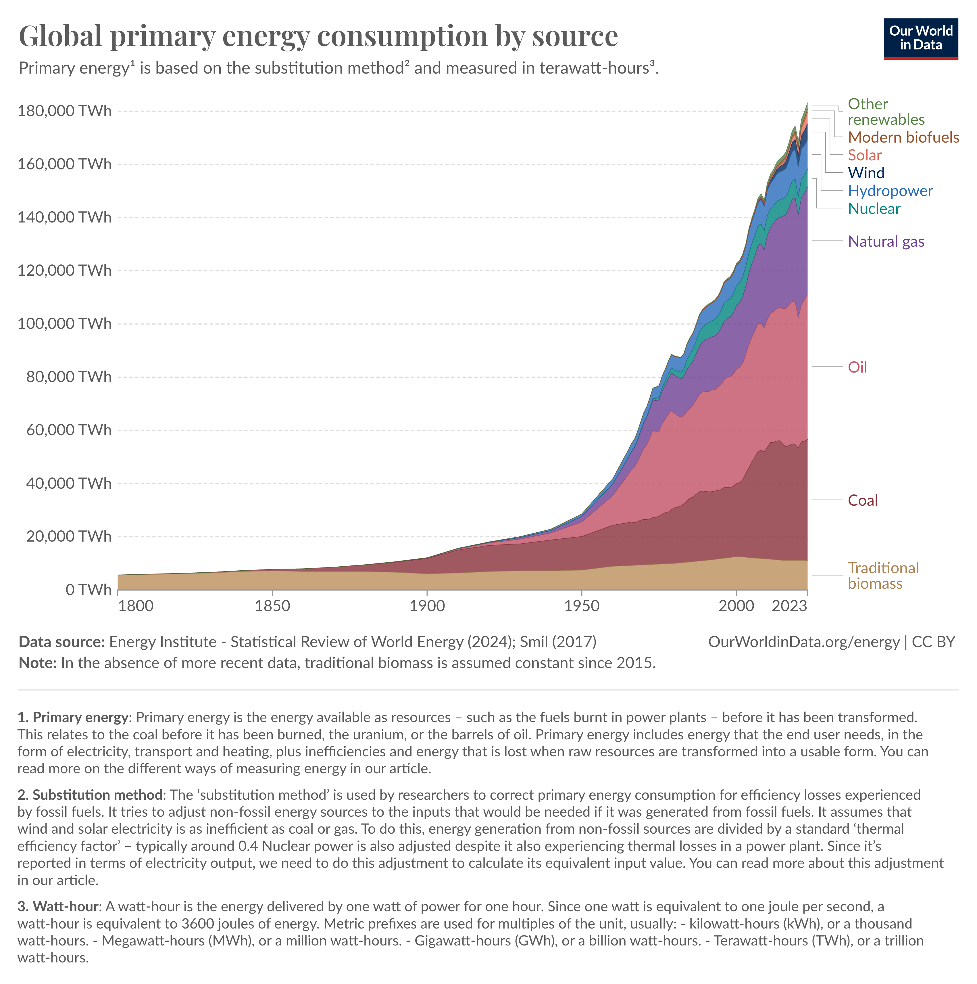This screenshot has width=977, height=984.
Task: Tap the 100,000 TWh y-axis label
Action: click(64, 323)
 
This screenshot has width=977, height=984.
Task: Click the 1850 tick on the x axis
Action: click(272, 606)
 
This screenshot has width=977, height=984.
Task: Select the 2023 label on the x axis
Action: click(789, 606)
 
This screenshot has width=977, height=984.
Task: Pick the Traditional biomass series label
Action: click(883, 576)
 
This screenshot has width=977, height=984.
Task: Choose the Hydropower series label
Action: click(890, 191)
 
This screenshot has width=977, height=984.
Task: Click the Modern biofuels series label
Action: click(903, 137)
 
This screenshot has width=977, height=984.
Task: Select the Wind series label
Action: click(866, 173)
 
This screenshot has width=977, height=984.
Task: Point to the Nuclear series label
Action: click(874, 208)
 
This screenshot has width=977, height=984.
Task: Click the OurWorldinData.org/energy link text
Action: click(803, 642)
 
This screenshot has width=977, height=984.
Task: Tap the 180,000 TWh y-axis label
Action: click(64, 110)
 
